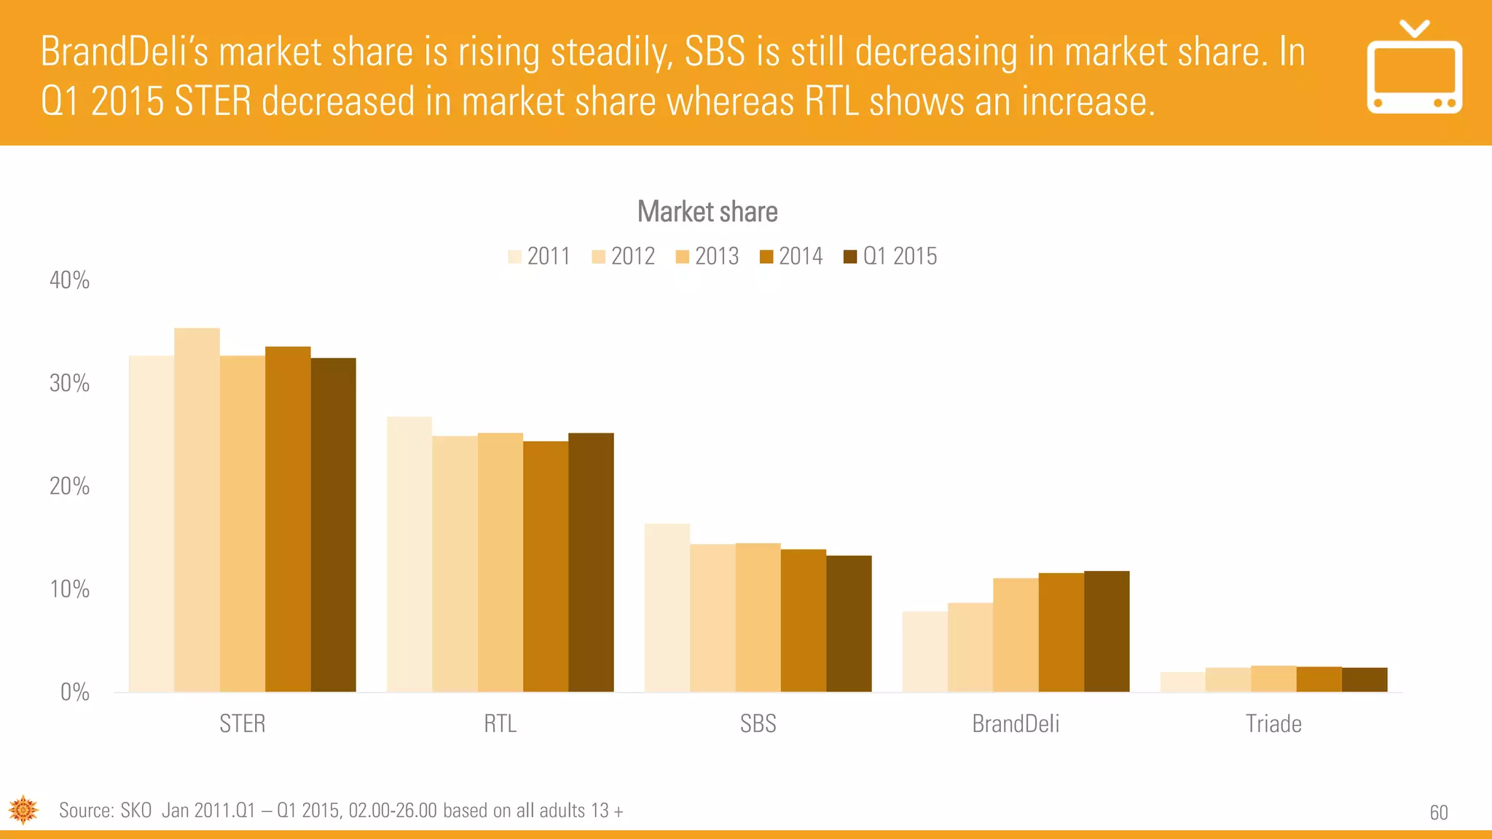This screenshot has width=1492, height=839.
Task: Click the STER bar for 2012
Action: coord(197,510)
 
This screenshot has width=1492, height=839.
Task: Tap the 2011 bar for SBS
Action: coord(667,607)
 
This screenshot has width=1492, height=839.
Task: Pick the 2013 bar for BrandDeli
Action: coord(1016,634)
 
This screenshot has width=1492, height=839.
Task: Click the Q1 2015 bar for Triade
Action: coord(1365,680)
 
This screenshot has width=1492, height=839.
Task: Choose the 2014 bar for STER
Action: coord(288,519)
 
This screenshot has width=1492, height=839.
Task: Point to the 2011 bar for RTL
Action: coord(409,554)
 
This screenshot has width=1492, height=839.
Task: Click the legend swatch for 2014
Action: coord(766,256)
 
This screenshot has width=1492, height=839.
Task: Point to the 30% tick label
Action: coord(69,383)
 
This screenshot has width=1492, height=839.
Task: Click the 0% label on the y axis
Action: coord(74,692)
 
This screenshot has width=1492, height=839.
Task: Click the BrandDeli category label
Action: coord(1016,723)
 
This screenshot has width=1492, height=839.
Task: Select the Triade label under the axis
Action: coord(1273,723)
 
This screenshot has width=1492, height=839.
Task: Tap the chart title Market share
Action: coord(707,212)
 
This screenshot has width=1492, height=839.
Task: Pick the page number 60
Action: coord(1439,813)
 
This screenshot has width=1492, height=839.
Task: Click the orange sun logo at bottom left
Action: coord(23,809)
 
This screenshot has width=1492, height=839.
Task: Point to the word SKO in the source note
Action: coord(136,811)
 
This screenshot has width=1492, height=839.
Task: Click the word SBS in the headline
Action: coord(715,52)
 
